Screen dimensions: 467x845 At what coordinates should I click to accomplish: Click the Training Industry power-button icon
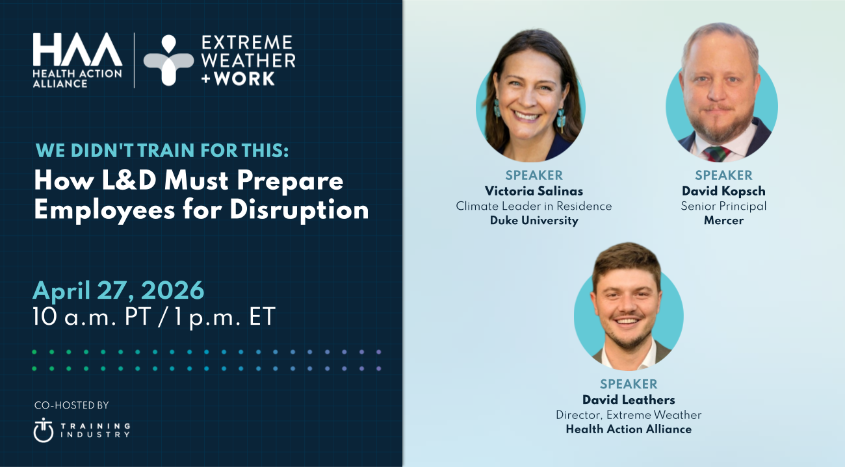coord(44,429)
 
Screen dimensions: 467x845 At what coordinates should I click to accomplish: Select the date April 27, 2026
coord(118,290)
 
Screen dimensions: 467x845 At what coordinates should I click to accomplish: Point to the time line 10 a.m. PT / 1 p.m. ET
coord(155,317)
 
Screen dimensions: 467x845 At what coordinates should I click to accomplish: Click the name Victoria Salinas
coord(534,191)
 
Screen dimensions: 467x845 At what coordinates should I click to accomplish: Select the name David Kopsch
coord(723,191)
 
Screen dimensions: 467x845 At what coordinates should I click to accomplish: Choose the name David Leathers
coord(629,399)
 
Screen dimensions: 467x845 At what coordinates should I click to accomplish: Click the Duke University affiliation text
coord(534,220)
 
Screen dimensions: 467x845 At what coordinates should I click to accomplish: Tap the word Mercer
coord(723,220)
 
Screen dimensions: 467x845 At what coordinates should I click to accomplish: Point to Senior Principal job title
coord(723,206)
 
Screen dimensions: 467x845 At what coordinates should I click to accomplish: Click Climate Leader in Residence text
coord(534,206)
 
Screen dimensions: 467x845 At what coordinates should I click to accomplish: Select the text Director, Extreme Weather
coord(629,414)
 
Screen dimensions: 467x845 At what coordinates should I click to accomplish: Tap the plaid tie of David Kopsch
coord(716,153)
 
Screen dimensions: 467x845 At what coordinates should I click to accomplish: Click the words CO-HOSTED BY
coord(71,405)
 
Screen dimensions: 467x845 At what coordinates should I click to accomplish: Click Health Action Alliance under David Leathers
coord(629,429)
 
